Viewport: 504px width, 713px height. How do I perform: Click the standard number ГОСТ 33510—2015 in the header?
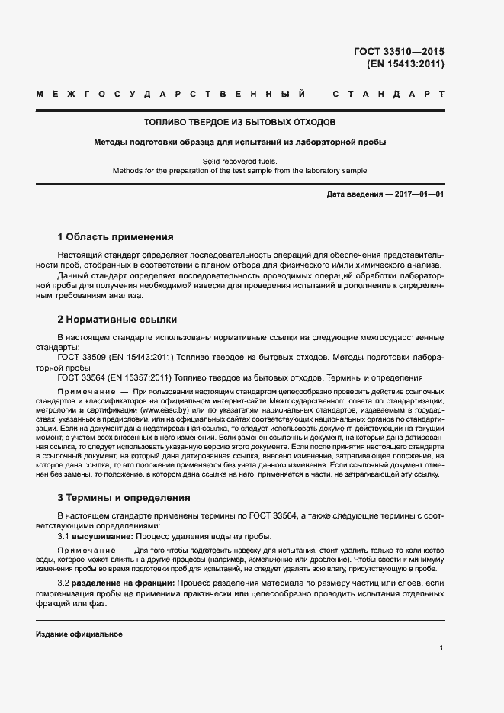(x=399, y=52)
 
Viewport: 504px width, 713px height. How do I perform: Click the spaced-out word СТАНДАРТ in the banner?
(x=389, y=95)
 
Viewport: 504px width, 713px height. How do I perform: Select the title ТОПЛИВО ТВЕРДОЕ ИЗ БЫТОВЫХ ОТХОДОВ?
(x=240, y=122)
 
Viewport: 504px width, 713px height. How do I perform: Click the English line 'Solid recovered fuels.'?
(x=240, y=161)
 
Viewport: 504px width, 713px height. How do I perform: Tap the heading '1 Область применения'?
(x=115, y=237)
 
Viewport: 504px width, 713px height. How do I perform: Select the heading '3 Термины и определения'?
(x=124, y=498)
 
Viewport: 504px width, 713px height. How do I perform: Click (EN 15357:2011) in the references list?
(x=142, y=377)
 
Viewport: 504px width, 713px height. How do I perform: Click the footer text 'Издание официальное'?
(x=79, y=634)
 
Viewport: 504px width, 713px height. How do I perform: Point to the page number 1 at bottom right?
(x=441, y=648)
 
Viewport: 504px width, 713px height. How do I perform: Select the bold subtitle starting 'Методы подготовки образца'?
(x=240, y=142)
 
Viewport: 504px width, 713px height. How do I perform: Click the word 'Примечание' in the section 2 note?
(x=84, y=390)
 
